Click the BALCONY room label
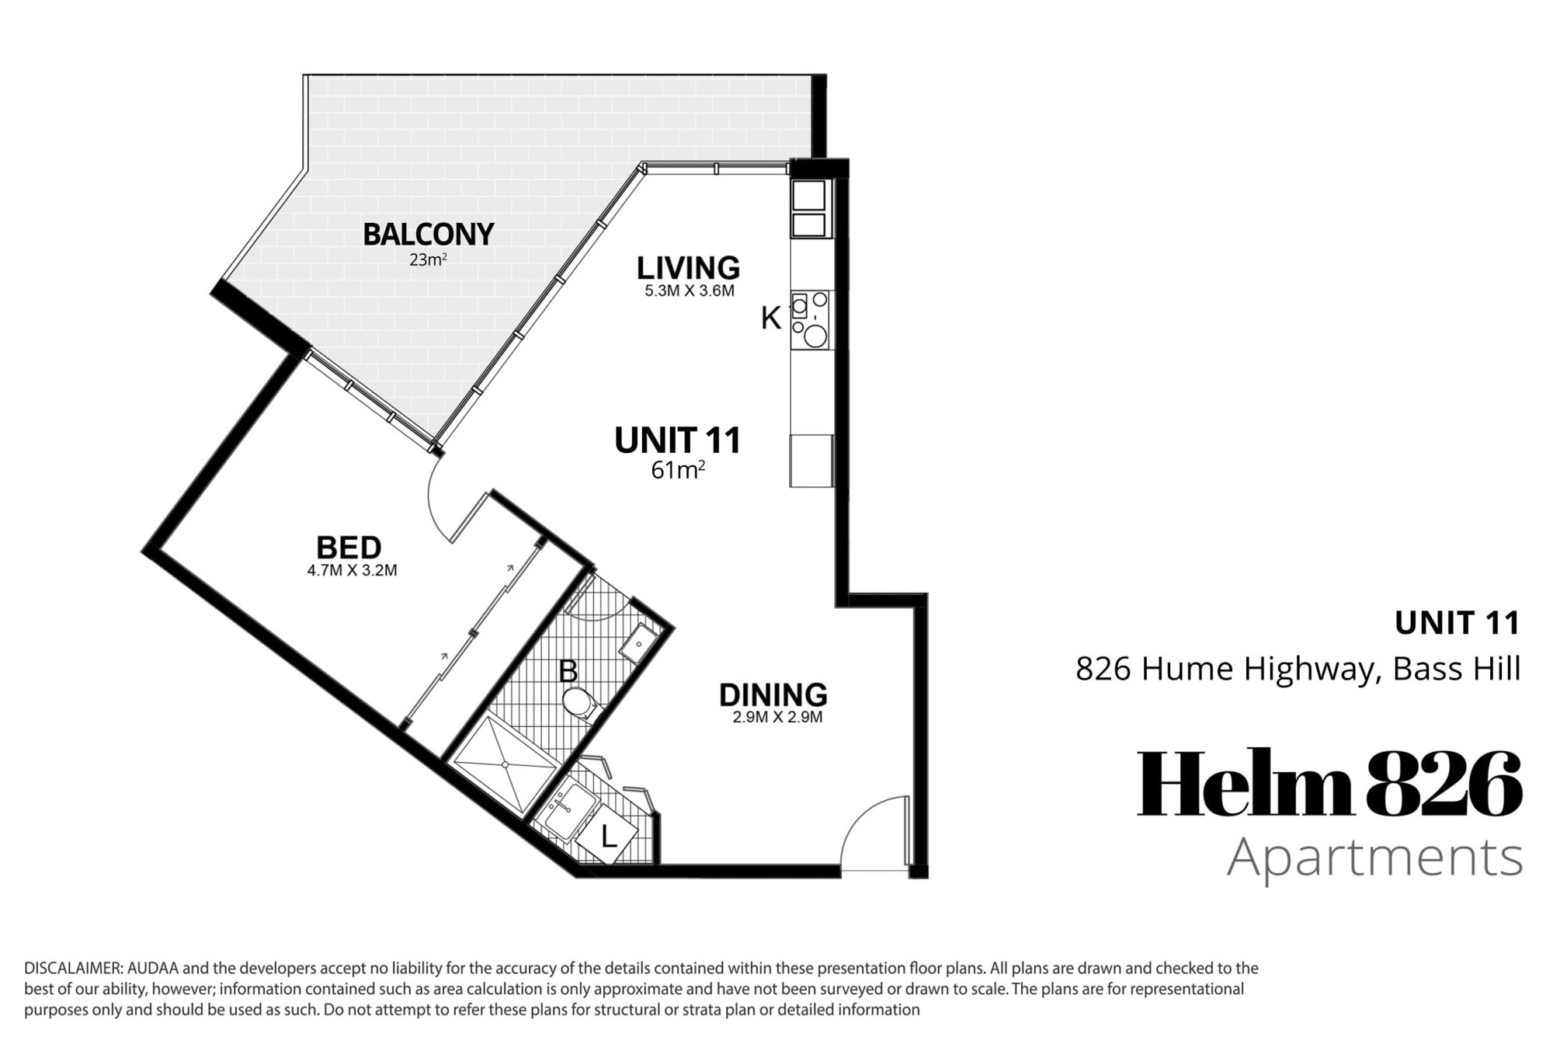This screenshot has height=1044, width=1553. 428,234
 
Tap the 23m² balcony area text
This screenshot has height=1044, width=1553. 428,259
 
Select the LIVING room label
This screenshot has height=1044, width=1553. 688,268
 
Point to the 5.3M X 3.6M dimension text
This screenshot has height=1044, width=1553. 689,291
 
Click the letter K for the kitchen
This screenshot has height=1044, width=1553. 770,318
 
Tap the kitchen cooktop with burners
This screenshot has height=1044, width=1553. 810,320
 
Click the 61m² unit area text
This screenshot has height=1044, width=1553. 678,470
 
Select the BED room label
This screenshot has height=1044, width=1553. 349,548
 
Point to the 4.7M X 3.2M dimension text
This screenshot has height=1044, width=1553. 352,570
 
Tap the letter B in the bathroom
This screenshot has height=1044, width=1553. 568,671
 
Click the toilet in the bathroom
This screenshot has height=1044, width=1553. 582,704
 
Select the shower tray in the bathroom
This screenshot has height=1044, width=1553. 506,764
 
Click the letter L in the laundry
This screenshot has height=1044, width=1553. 609,837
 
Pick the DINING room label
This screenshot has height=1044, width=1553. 773,694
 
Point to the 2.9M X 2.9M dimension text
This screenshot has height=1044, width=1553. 777,717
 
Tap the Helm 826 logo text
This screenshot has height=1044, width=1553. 1329,783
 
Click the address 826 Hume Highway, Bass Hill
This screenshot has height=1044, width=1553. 1298,669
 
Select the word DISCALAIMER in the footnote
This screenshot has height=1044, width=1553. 73,969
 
